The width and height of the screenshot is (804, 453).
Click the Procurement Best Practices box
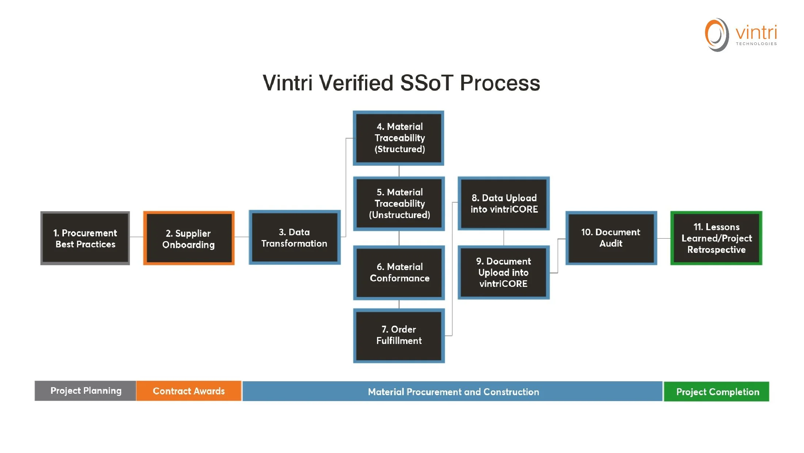(x=85, y=238)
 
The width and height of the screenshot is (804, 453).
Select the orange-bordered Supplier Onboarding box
(x=189, y=238)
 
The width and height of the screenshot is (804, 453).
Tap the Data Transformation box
(x=295, y=237)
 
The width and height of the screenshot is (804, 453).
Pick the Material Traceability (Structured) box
(x=399, y=138)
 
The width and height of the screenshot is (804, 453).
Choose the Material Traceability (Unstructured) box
(x=399, y=203)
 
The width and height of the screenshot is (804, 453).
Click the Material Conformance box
(x=399, y=273)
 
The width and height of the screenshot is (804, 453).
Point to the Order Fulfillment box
(x=399, y=336)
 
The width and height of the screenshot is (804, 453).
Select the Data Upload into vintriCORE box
(x=504, y=203)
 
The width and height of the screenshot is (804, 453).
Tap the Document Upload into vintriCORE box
(x=504, y=273)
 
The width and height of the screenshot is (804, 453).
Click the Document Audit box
(x=611, y=238)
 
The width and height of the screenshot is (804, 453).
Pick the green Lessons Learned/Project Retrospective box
(x=716, y=238)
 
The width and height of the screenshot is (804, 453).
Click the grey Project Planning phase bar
(x=86, y=391)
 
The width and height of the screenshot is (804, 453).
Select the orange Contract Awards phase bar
(x=189, y=391)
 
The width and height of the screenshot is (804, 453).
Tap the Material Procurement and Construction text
(x=453, y=392)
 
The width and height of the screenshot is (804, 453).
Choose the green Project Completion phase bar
(x=717, y=392)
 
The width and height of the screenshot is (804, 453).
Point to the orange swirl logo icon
(x=716, y=35)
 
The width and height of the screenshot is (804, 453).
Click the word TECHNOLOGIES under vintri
(x=756, y=44)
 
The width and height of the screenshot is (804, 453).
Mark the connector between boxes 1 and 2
(x=137, y=237)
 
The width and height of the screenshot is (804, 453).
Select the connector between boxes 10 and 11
(x=664, y=239)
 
